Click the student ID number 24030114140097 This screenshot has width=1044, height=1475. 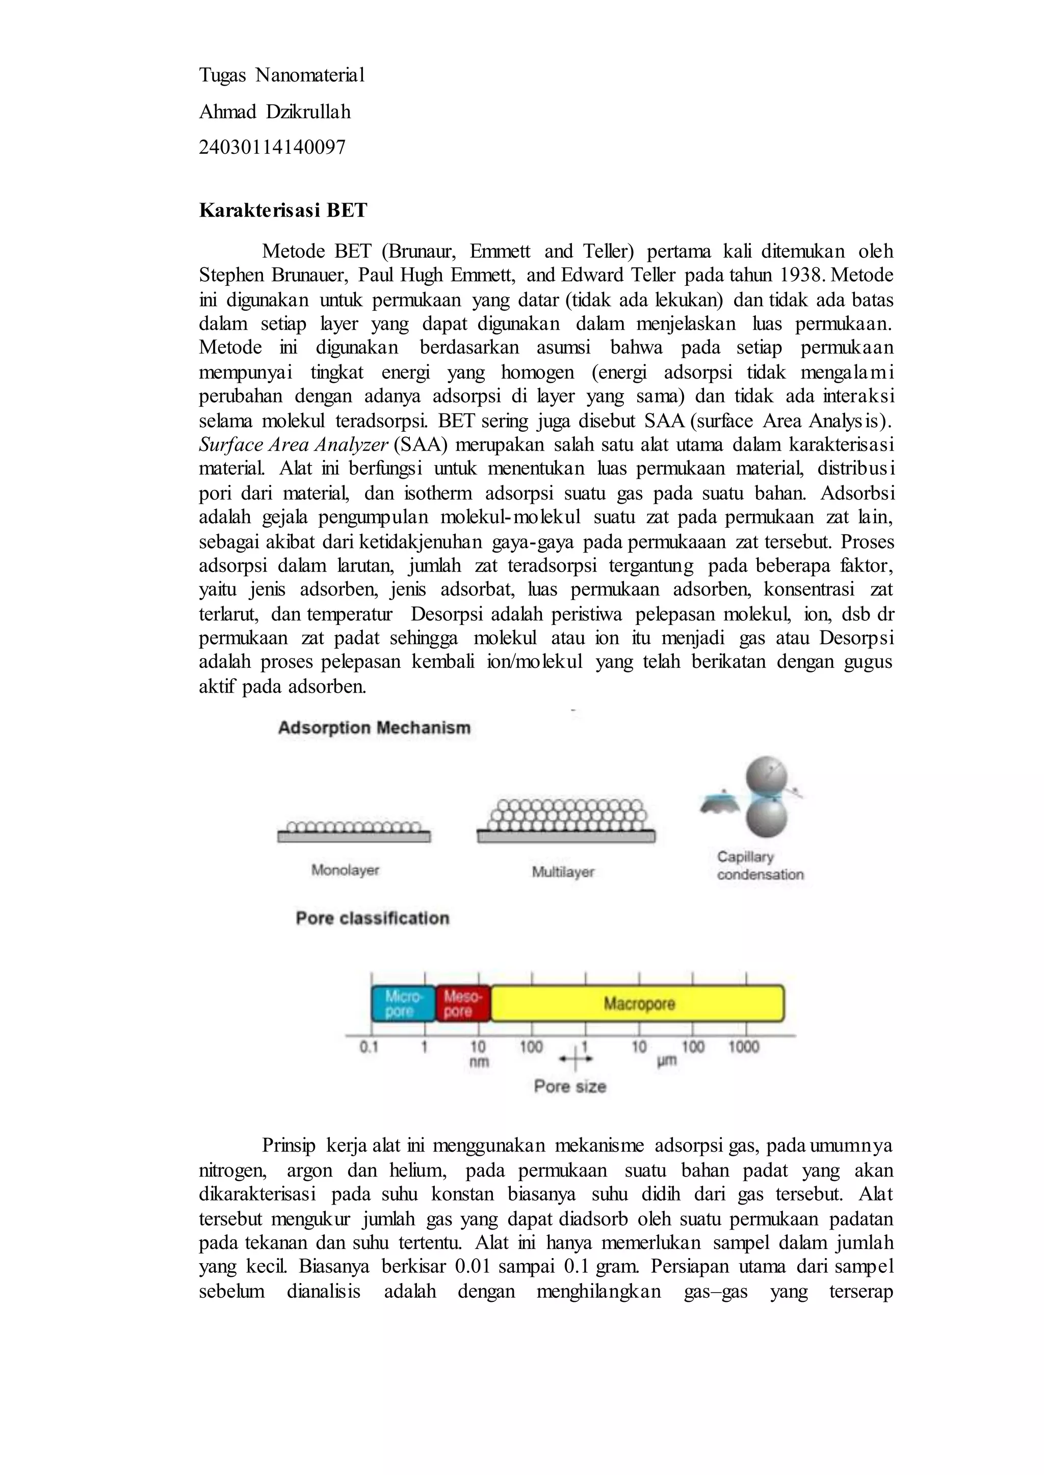click(x=272, y=148)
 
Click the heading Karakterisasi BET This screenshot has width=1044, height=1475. click(x=283, y=210)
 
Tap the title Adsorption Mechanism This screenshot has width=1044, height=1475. click(x=374, y=728)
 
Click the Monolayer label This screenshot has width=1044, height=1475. click(x=345, y=870)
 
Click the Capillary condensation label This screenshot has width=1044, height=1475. click(x=760, y=865)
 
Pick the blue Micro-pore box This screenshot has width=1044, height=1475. click(x=403, y=1003)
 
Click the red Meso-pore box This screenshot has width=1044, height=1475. click(x=462, y=1003)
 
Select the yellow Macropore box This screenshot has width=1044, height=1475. click(x=638, y=1003)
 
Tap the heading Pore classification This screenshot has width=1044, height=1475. click(x=372, y=918)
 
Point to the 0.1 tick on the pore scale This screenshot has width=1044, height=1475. click(x=369, y=1047)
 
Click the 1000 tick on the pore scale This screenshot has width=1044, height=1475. click(x=744, y=1047)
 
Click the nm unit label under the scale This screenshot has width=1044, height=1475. click(x=479, y=1062)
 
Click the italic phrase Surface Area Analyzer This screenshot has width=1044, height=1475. click(x=294, y=445)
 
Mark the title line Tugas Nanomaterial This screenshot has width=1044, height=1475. click(x=281, y=76)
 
